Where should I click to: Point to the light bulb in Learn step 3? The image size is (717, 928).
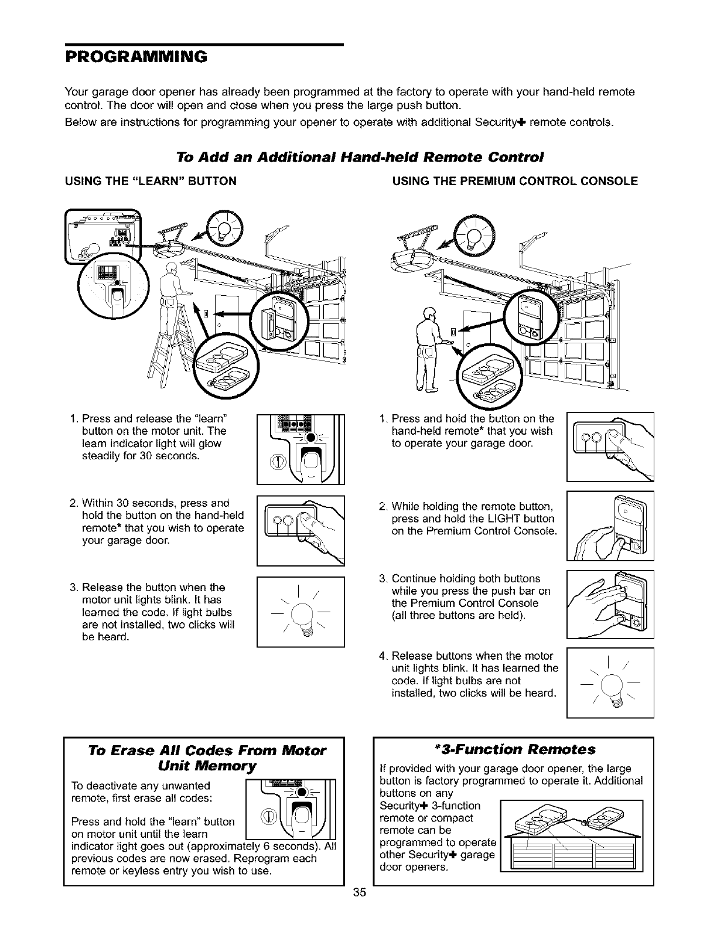[x=301, y=612]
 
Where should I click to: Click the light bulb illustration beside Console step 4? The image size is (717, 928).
[x=610, y=682]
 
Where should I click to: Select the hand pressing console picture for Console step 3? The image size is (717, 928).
[x=610, y=603]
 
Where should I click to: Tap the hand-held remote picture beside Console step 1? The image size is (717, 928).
[x=610, y=445]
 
